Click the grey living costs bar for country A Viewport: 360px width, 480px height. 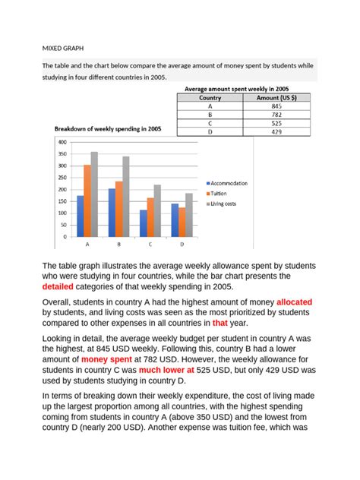tap(94, 194)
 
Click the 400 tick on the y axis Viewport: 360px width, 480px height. tap(62, 142)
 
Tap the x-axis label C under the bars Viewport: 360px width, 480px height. tap(150, 245)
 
